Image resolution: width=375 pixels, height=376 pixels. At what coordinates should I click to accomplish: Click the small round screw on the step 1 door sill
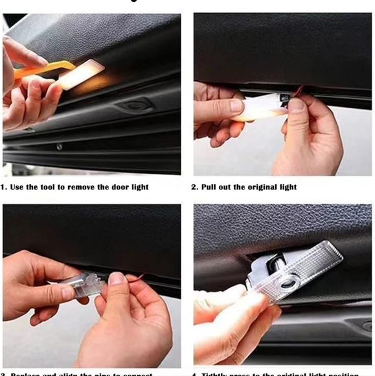[x=59, y=147]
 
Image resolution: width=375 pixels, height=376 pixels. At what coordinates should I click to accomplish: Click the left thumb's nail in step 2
[x=236, y=105]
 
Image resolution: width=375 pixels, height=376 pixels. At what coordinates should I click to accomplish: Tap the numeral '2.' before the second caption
[x=195, y=187]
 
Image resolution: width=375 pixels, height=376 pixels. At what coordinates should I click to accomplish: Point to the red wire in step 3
[x=133, y=279]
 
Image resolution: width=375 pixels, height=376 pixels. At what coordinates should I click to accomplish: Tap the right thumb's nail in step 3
[x=117, y=279]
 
